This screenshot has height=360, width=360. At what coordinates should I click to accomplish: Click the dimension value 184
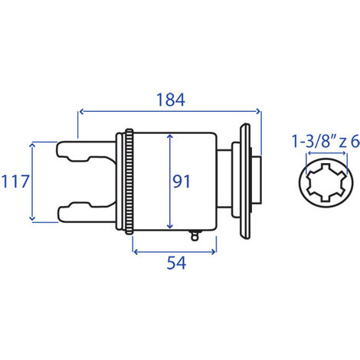(170, 100)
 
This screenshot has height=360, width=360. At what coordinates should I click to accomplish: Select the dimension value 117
(15, 182)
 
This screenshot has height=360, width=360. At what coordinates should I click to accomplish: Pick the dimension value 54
(177, 262)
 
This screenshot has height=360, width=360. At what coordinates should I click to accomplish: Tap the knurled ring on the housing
(130, 182)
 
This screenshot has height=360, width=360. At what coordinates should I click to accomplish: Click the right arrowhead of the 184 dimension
(259, 113)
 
